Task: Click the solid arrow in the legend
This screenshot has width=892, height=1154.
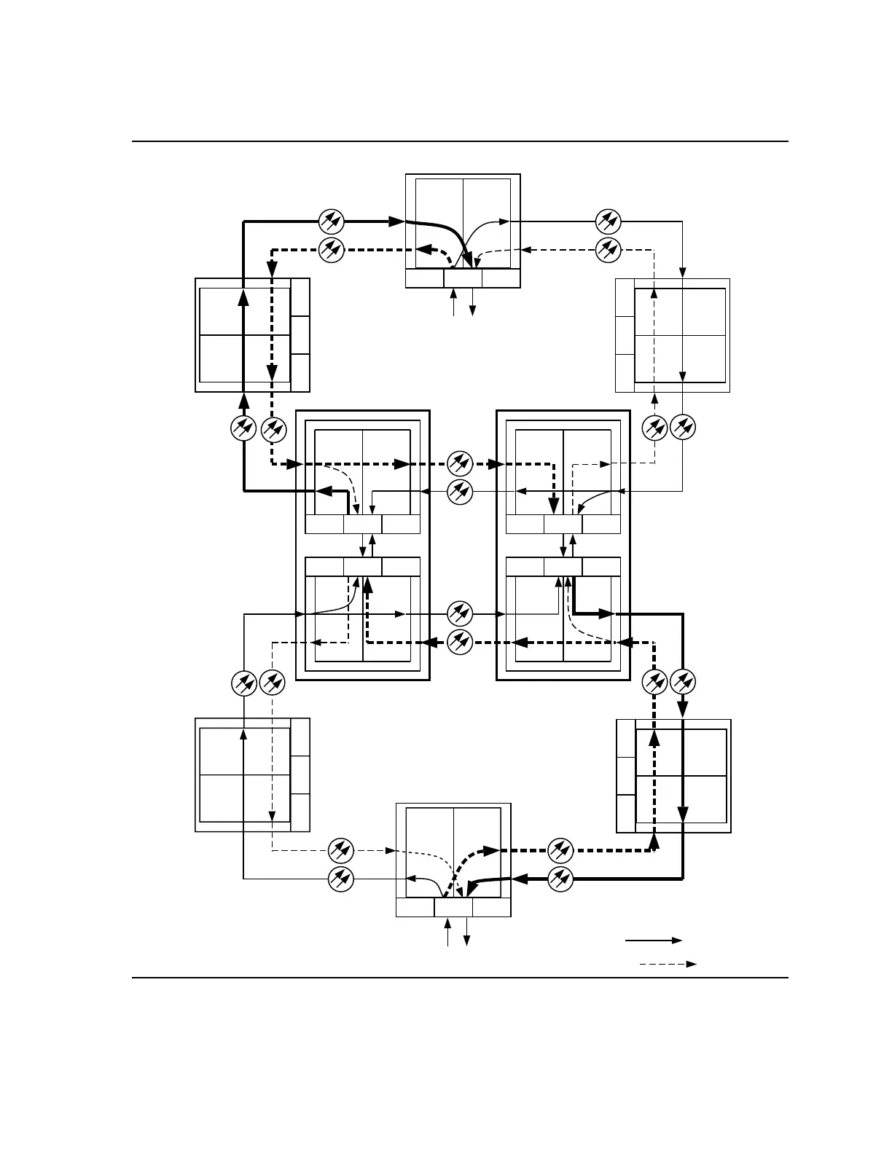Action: tap(653, 941)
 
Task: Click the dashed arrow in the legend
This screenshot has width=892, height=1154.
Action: tap(668, 964)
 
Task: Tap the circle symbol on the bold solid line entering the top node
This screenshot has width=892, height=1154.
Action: tap(332, 220)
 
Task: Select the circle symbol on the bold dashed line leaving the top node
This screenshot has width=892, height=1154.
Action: tap(332, 250)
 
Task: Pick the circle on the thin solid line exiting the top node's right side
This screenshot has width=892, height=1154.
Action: tap(608, 220)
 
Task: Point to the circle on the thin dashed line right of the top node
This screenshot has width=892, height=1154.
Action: tap(608, 250)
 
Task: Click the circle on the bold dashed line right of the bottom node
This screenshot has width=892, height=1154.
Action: tap(560, 850)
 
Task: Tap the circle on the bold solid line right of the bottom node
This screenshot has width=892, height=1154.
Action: tap(560, 879)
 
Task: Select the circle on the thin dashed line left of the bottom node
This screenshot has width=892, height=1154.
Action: tap(340, 850)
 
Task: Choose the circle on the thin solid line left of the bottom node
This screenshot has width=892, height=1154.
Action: tap(340, 879)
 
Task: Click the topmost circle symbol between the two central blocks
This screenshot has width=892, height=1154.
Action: tap(460, 463)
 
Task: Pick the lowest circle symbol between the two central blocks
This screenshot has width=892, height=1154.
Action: tap(460, 642)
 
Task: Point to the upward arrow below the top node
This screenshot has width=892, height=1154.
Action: tap(454, 302)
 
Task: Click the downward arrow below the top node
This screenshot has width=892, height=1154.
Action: tap(472, 302)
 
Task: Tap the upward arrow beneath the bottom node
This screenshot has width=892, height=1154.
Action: tap(448, 933)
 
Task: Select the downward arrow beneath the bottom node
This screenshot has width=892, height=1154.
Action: tap(466, 933)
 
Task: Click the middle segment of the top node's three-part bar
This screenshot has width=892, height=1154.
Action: tap(463, 278)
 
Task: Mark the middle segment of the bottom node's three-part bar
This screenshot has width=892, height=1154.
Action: tap(453, 907)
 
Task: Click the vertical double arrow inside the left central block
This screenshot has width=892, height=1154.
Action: tap(363, 546)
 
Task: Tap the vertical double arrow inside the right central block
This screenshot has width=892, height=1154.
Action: tap(563, 546)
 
